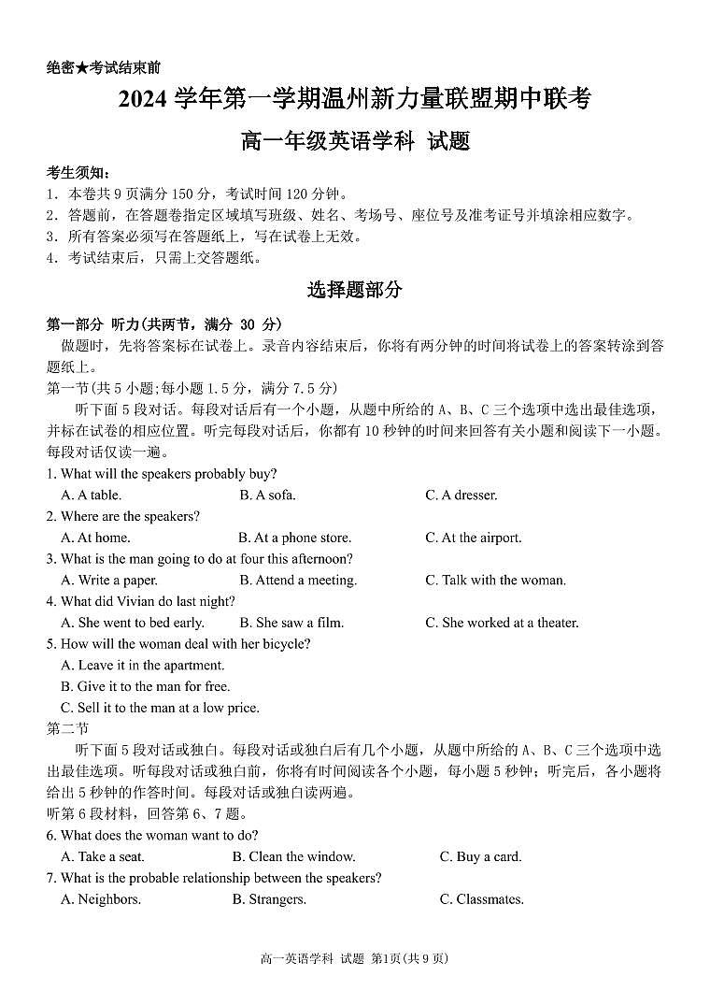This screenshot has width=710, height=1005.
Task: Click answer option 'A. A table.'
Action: click(91, 495)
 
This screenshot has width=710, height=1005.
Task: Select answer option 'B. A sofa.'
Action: click(267, 495)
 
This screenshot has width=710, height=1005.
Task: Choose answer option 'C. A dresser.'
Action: click(461, 495)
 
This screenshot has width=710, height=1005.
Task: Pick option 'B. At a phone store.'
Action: click(294, 538)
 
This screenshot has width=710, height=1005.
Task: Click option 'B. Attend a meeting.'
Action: click(298, 581)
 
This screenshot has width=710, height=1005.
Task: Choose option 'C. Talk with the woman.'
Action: click(495, 581)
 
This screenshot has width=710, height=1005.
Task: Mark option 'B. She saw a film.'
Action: click(291, 623)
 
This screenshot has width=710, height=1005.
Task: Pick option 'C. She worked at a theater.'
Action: click(502, 623)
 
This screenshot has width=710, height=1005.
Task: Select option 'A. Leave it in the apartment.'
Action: click(143, 666)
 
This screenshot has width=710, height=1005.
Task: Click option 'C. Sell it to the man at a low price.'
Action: click(160, 708)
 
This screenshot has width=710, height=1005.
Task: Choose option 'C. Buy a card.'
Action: click(480, 856)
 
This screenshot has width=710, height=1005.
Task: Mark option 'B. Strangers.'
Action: click(269, 899)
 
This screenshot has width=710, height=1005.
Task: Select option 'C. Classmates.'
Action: click(481, 899)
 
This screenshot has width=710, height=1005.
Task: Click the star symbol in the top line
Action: click(82, 67)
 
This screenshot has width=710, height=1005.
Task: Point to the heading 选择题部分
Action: click(355, 290)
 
